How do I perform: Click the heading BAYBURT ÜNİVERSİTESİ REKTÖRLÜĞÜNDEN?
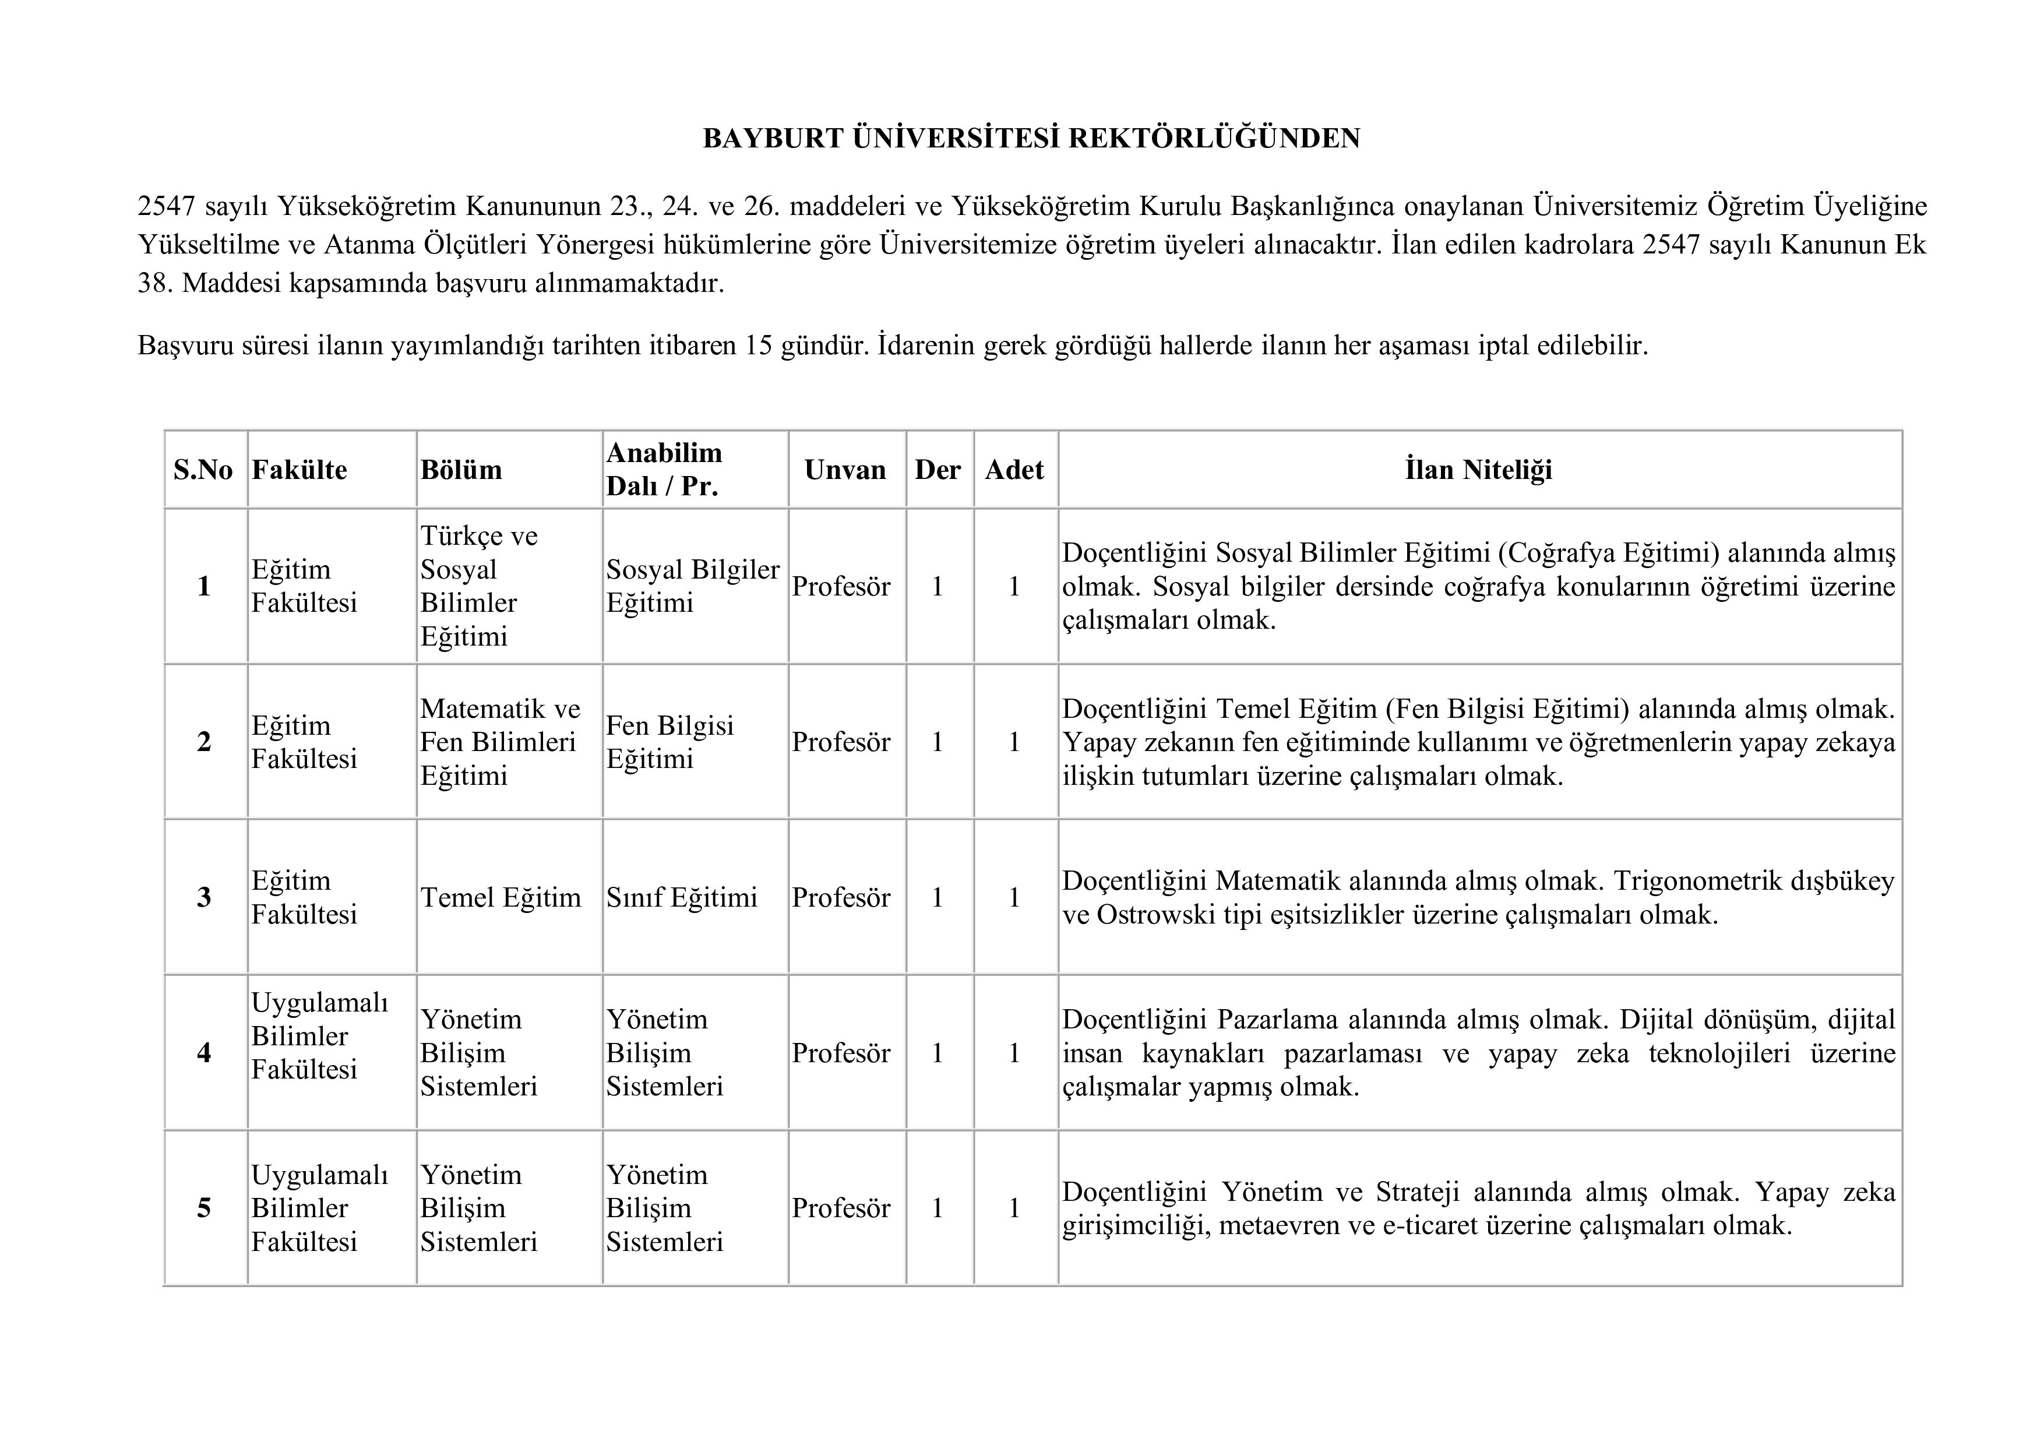(x=1031, y=139)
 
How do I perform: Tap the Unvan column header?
(x=845, y=470)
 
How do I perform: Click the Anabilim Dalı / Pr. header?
(x=664, y=469)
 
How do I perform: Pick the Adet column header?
(x=1014, y=470)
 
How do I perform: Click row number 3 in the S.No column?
(x=204, y=897)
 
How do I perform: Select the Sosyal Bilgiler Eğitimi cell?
(x=693, y=586)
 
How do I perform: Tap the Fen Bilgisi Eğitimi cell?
(x=669, y=742)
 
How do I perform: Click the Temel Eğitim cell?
(x=501, y=897)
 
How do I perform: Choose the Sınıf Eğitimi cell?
(x=681, y=897)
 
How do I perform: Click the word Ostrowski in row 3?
(x=1155, y=914)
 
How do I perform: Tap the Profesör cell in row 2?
(x=840, y=742)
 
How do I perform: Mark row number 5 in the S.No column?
(x=204, y=1208)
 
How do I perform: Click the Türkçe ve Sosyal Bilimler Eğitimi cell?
(x=479, y=586)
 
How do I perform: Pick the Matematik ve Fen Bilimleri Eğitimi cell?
(x=499, y=742)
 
